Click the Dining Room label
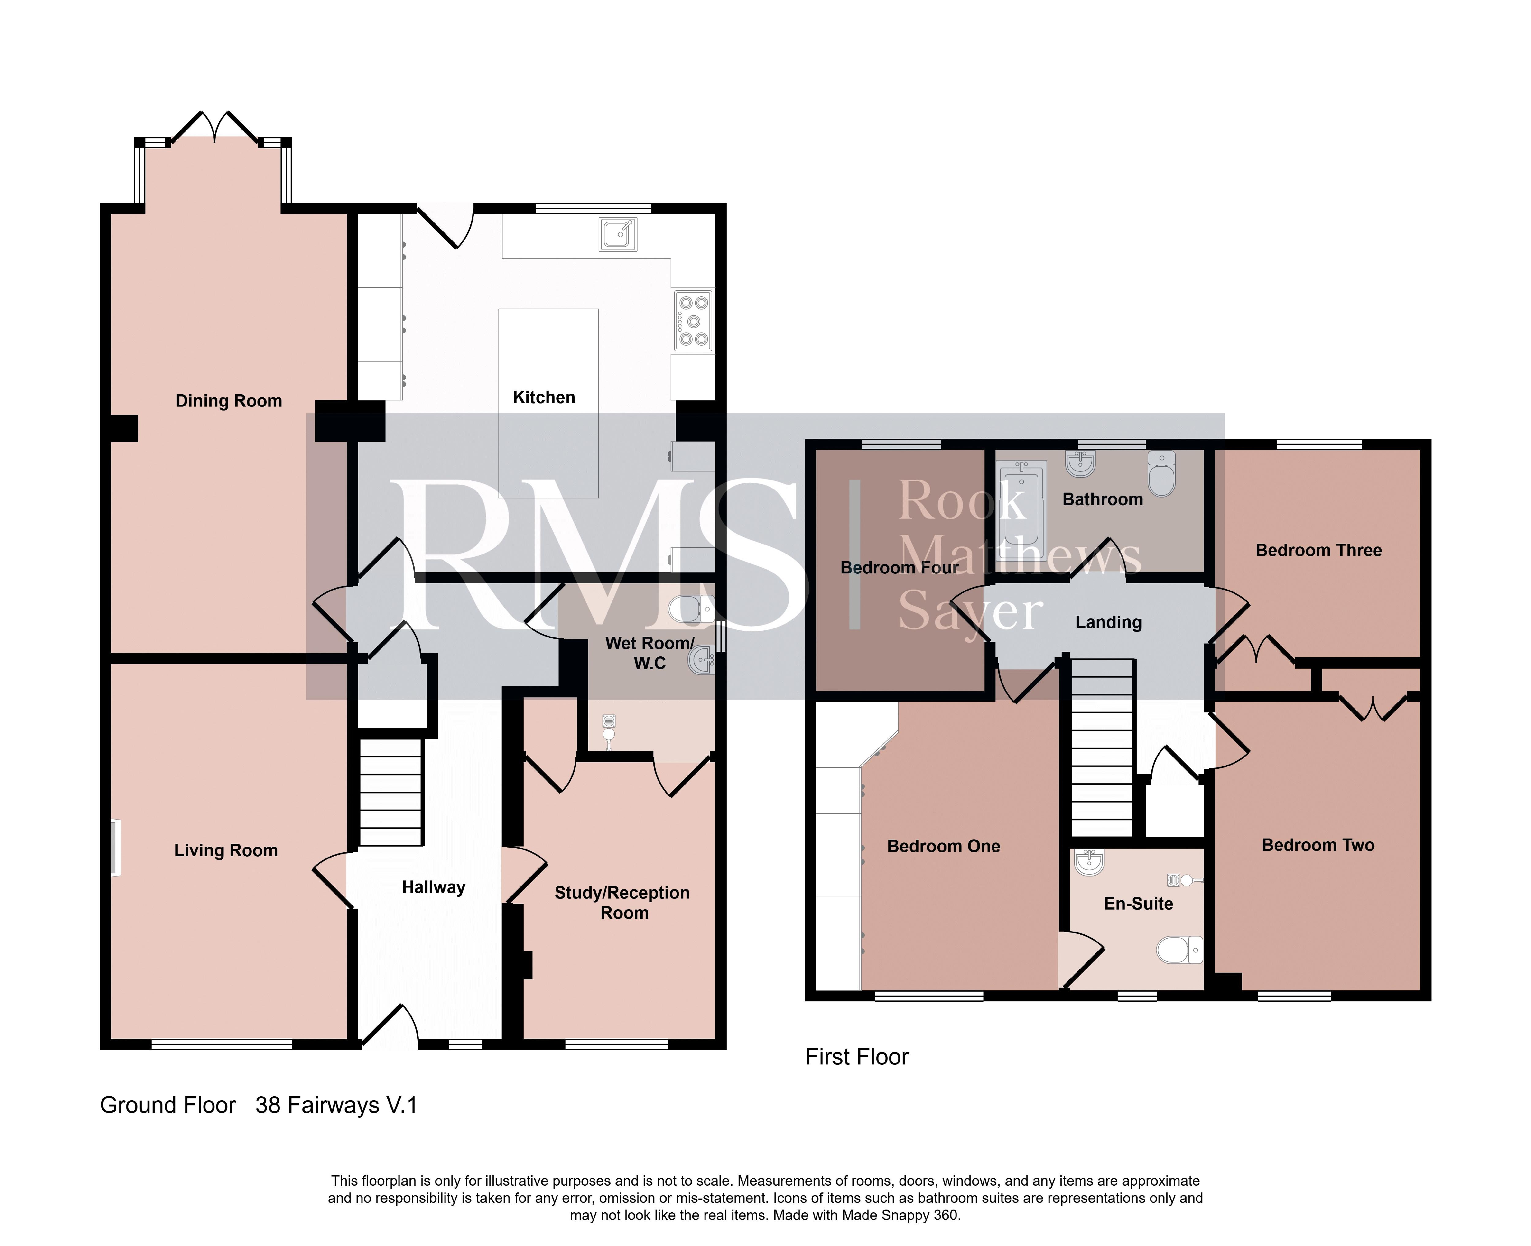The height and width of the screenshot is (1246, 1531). tap(228, 400)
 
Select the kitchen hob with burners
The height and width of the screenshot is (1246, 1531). tap(693, 320)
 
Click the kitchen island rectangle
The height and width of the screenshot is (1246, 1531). tap(548, 403)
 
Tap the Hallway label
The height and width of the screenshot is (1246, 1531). tap(434, 887)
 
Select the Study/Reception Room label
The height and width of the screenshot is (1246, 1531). tap(622, 903)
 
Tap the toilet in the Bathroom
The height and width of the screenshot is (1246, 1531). tap(1161, 474)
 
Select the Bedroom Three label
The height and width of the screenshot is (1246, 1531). tap(1318, 550)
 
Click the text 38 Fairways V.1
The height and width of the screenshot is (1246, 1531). tap(336, 1105)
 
